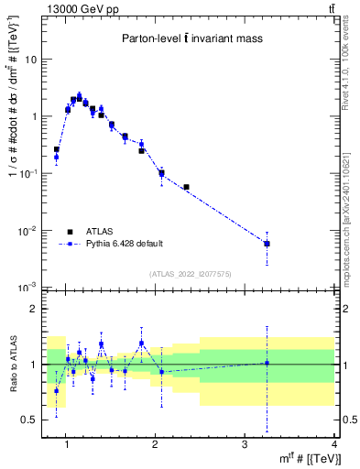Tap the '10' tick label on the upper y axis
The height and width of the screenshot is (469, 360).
[31, 60]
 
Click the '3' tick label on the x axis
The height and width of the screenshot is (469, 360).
[245, 445]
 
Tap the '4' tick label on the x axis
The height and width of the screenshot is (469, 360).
[334, 445]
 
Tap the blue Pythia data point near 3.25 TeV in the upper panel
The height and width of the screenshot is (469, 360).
[267, 244]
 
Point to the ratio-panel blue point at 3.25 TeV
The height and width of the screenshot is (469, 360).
[267, 363]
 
